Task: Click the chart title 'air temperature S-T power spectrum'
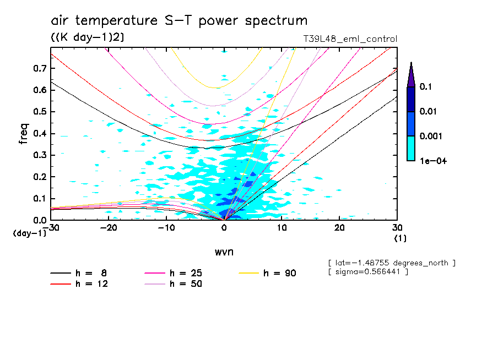179,21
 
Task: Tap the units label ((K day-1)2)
87,37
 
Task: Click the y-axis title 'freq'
23,133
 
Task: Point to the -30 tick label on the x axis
51,228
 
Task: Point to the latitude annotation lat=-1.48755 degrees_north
392,263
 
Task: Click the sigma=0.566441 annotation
368,272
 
